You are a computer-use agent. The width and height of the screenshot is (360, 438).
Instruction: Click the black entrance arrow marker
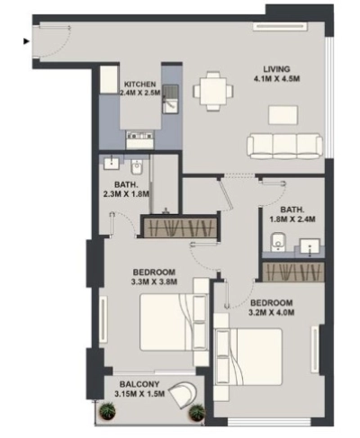(x=24, y=39)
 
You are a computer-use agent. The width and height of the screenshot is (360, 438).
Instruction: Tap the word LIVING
(x=277, y=69)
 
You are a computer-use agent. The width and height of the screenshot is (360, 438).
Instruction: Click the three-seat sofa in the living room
(x=284, y=144)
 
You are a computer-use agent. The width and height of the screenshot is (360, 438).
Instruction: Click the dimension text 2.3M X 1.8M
(x=125, y=192)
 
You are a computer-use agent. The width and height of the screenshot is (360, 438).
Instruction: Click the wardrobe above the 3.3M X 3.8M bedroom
(x=181, y=228)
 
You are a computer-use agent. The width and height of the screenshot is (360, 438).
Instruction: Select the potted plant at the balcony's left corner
(x=109, y=412)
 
